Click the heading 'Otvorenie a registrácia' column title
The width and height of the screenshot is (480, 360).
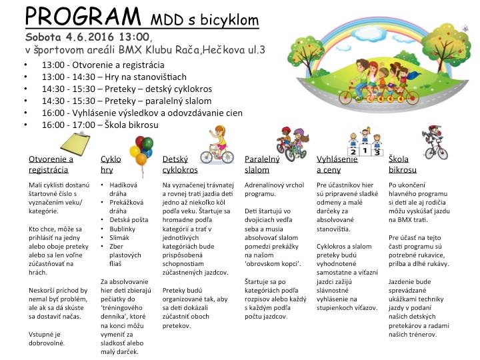tap(51, 165)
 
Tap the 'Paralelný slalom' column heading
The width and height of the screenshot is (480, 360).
tap(262, 165)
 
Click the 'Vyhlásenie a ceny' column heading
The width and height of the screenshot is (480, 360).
tap(337, 165)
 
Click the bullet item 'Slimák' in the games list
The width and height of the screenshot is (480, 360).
tap(120, 237)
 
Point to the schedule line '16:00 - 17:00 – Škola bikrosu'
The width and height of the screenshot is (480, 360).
tap(100, 125)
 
